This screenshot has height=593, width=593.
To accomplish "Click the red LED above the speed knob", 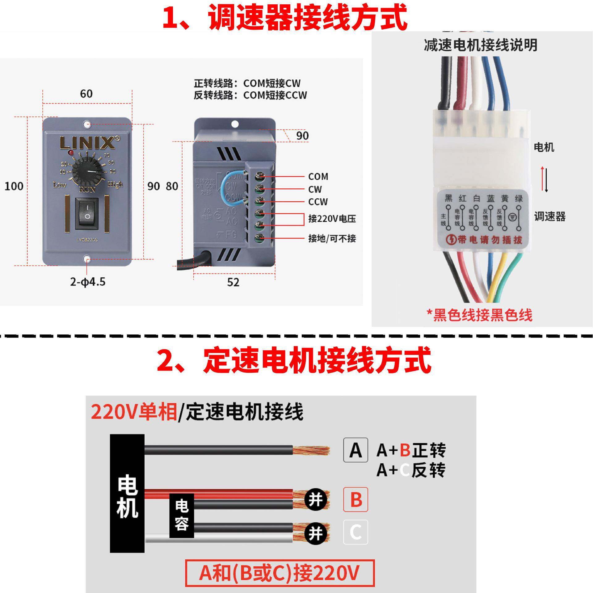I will (x=71, y=153).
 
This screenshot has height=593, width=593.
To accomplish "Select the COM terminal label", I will (x=318, y=177).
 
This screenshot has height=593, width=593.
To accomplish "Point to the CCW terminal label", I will (x=318, y=202).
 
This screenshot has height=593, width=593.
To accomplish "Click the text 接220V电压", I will (x=332, y=219).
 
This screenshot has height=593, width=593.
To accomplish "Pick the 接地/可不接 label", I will (x=332, y=238).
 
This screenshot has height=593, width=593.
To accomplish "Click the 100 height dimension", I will (x=14, y=186).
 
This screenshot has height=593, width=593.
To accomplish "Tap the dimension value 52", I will (x=233, y=282).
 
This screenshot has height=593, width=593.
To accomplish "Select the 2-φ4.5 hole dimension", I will (x=88, y=282).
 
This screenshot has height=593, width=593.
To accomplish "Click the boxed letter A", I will (x=355, y=450).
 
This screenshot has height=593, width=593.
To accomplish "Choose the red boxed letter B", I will (x=355, y=499).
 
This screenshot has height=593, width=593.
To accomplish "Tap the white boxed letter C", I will (x=355, y=532).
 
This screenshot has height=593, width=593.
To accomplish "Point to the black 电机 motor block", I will (x=127, y=493).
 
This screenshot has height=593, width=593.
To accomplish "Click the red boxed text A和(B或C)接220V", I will (x=280, y=573).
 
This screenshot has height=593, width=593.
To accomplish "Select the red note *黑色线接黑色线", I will (x=480, y=315).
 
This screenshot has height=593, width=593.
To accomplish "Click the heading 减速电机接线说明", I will (x=480, y=45).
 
